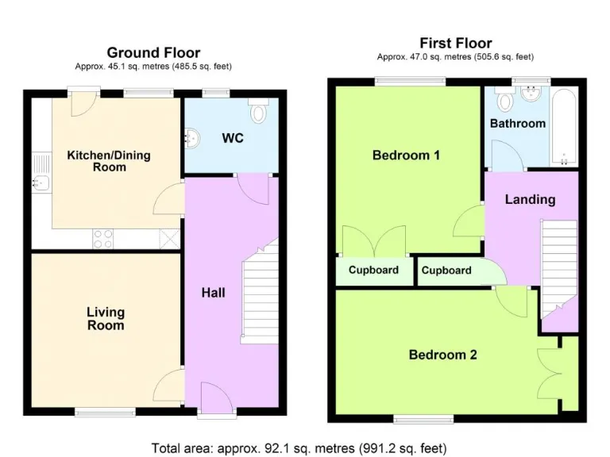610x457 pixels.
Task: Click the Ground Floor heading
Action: (x=153, y=53)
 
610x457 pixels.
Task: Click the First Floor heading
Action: (x=455, y=43)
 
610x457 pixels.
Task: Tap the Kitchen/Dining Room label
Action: (x=108, y=161)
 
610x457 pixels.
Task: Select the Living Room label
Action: (x=106, y=319)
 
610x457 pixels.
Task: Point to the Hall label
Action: (x=213, y=293)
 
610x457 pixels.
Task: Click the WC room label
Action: (x=233, y=138)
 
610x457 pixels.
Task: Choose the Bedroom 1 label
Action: (x=406, y=156)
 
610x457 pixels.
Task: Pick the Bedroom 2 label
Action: (x=442, y=355)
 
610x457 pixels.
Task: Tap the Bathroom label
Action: (x=517, y=123)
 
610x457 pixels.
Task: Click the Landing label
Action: (x=530, y=199)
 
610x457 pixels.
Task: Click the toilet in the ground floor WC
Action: (x=258, y=113)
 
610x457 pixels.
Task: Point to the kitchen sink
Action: (x=41, y=183)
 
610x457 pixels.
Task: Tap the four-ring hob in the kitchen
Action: (x=103, y=237)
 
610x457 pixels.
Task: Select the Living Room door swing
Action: (x=169, y=387)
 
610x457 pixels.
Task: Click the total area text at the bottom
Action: (x=299, y=447)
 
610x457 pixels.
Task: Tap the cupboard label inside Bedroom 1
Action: (x=373, y=271)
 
